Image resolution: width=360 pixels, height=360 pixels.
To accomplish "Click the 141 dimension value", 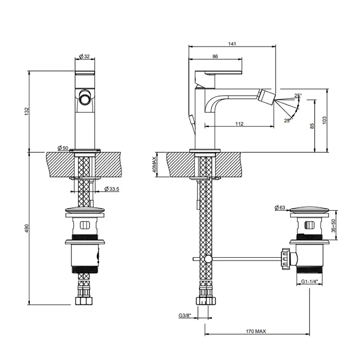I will click(232, 44).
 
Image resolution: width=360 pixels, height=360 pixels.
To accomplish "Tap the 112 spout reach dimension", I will click(239, 123).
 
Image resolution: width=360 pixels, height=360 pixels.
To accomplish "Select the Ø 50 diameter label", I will click(63, 148).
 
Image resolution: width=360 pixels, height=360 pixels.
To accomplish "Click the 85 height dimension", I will click(312, 127).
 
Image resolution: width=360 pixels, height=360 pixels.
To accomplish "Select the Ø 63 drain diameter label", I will click(280, 207).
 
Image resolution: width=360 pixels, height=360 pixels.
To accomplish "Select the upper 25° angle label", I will click(298, 96).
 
